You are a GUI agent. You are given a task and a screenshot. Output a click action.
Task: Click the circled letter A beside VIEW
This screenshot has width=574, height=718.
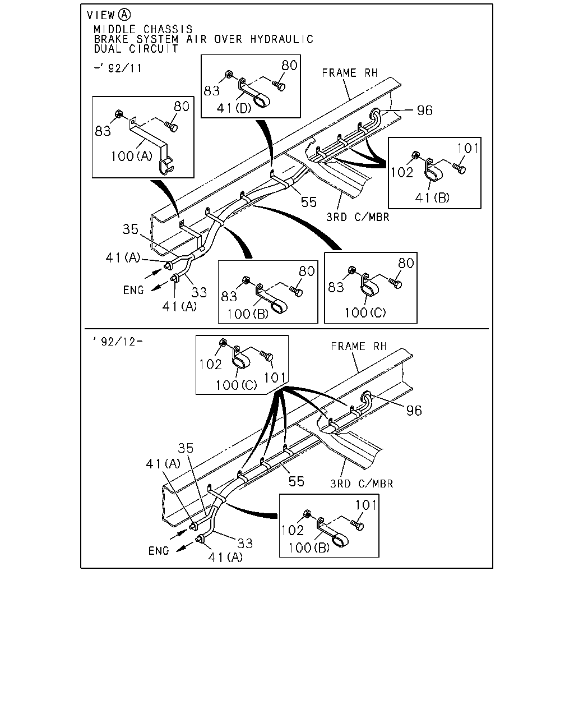(x=124, y=15)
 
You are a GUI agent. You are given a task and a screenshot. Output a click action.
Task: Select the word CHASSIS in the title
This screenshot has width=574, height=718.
(x=168, y=29)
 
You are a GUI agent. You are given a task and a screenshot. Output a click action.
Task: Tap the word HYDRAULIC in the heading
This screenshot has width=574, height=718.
(x=281, y=39)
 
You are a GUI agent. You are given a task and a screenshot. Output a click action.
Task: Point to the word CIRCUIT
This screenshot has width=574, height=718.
(x=154, y=49)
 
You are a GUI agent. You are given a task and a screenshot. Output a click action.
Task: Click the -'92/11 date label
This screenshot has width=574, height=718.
(x=118, y=68)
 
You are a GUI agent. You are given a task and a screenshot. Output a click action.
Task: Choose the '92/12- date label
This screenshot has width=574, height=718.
(x=118, y=341)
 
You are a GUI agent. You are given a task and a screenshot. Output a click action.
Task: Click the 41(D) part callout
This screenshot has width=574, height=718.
(x=234, y=108)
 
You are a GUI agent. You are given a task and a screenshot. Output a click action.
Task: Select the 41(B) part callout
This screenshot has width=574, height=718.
(x=432, y=198)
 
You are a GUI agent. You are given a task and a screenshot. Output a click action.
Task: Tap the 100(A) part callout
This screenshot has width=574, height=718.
(x=131, y=156)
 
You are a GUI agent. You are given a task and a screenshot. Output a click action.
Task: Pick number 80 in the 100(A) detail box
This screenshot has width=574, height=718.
(x=182, y=106)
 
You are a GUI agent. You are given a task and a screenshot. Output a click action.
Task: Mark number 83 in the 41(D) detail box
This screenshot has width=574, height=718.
(x=212, y=90)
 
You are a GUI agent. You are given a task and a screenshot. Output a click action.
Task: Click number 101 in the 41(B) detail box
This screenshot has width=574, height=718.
(x=467, y=148)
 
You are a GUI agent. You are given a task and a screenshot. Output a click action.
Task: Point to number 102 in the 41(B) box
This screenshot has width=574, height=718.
(x=402, y=172)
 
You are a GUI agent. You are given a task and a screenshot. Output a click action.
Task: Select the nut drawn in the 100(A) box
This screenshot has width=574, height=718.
(x=118, y=114)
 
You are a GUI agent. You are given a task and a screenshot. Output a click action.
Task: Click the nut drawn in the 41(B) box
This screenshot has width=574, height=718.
(x=416, y=155)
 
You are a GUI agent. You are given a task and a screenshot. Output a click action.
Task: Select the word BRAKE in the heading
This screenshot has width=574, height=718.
(x=112, y=39)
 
